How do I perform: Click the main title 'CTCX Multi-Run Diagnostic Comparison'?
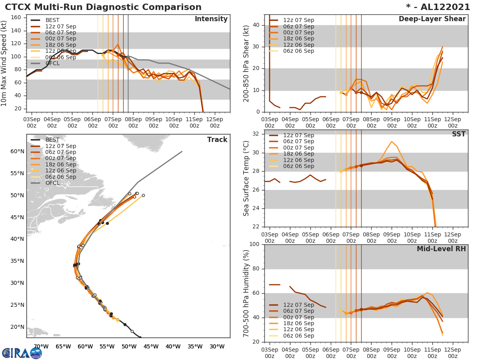pos(103,7)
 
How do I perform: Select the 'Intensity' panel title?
pos(211,19)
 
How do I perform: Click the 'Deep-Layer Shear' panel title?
pos(432,19)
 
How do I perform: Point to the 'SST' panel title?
pos(459,134)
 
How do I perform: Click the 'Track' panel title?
pos(217,140)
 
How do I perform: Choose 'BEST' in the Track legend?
pos(52,140)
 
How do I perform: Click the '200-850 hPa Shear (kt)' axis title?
pos(246,63)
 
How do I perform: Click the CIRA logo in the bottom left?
pos(22,353)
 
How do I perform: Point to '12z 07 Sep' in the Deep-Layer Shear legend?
pos(298,20)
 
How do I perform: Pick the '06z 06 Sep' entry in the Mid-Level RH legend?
pos(298,336)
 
